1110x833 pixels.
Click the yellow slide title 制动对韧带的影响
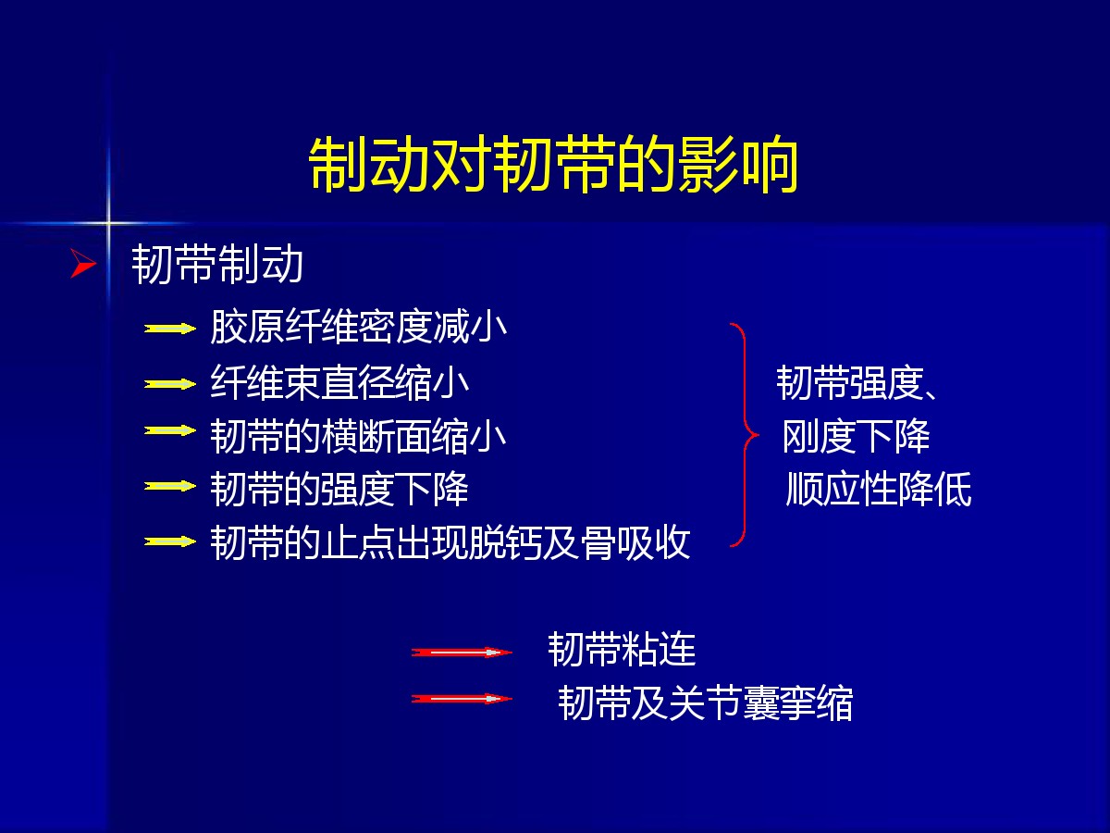(553, 165)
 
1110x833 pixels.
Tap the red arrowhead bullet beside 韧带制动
(83, 263)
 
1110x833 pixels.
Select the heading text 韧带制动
(217, 264)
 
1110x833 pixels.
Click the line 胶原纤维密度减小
(359, 328)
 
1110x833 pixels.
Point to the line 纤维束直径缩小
(339, 382)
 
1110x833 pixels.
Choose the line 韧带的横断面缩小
(359, 436)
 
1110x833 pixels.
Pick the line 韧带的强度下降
(339, 489)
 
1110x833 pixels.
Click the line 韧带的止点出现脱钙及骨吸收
(450, 542)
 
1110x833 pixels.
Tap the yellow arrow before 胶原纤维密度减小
(170, 329)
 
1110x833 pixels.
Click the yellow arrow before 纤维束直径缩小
(170, 384)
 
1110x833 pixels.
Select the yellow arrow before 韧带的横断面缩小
(170, 431)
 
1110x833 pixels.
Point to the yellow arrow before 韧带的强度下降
(170, 486)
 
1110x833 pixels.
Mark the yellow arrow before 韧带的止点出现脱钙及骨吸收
(170, 541)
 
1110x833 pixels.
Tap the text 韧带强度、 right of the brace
(857, 383)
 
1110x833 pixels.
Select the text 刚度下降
(857, 436)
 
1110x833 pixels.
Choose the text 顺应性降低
(879, 489)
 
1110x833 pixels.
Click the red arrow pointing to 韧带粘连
(462, 653)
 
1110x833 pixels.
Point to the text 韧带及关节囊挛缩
(706, 702)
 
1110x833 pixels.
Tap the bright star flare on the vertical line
(107, 222)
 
